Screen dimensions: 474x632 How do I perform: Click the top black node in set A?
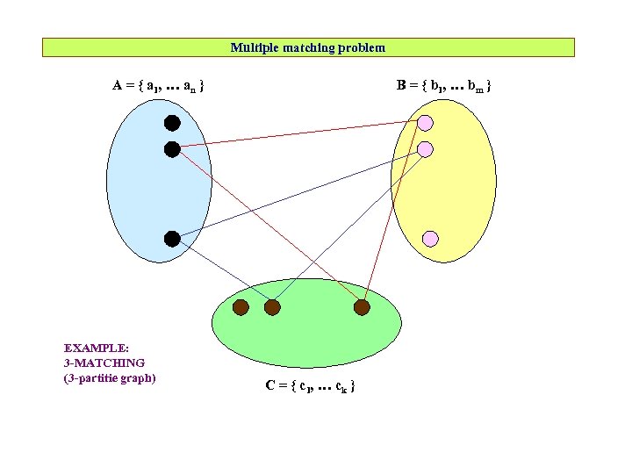(x=172, y=123)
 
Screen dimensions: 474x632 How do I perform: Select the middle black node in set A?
(x=172, y=149)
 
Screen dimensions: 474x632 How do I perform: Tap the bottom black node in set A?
(x=172, y=239)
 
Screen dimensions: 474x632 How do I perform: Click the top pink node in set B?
(x=425, y=122)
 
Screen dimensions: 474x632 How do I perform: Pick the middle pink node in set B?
(x=425, y=149)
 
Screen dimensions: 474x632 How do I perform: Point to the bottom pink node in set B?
(x=430, y=238)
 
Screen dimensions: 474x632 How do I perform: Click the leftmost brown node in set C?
(x=241, y=307)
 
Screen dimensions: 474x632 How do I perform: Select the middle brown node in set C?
(x=272, y=307)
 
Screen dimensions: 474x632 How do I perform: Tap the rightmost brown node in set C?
(x=362, y=307)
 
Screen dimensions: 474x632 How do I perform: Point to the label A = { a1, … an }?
(x=159, y=86)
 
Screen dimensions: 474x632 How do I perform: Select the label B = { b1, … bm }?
(x=443, y=86)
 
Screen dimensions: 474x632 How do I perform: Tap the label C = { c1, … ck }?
(x=310, y=385)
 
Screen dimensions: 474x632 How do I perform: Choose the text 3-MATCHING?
(x=104, y=362)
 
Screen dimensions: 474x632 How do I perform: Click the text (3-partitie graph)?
(x=109, y=378)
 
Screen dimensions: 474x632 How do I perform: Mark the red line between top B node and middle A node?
(x=298, y=136)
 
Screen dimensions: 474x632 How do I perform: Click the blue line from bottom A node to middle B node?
(x=298, y=194)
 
